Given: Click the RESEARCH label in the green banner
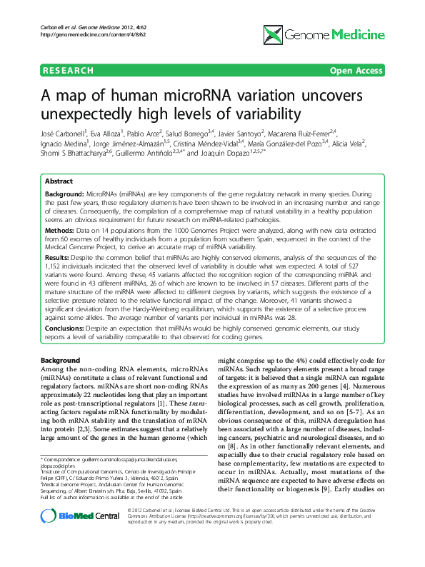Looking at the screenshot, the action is (68, 71).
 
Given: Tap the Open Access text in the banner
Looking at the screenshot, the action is (356, 71).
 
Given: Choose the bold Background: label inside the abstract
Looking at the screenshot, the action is (64, 194).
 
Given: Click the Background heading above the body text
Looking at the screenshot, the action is (60, 360).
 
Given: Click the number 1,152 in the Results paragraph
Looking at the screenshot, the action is (54, 264).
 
